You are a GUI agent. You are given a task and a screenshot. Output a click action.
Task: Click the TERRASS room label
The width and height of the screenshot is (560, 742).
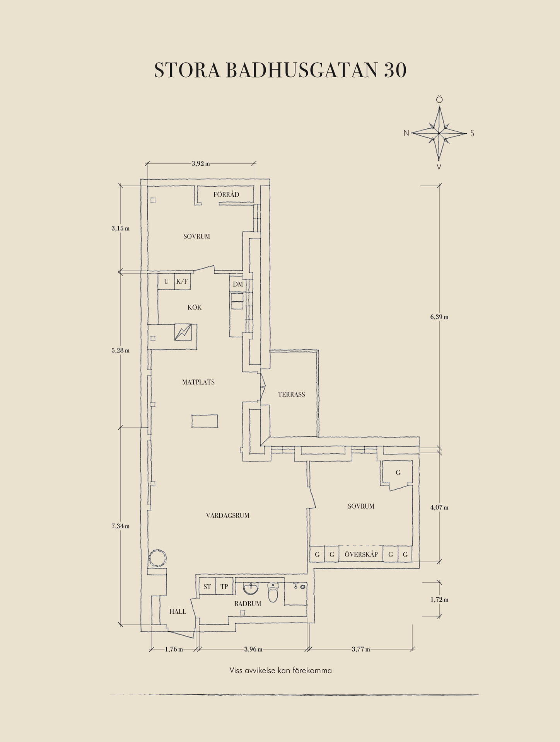291,395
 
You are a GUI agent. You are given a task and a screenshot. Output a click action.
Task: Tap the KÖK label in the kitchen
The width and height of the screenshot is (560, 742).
195,308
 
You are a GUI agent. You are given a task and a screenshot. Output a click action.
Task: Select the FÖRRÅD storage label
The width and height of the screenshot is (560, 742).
226,194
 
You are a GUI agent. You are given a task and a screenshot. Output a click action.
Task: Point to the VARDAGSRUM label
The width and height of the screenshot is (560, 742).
227,515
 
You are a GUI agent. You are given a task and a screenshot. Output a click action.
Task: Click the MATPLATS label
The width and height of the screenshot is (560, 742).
198,382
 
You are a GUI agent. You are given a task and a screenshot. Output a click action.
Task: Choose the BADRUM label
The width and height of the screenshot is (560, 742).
248,604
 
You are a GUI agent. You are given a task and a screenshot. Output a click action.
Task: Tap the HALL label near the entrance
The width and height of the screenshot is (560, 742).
178,611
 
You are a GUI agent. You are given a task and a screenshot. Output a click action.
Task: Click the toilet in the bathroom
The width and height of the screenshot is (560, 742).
273,594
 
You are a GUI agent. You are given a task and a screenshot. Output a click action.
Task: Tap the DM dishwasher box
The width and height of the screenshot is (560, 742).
238,284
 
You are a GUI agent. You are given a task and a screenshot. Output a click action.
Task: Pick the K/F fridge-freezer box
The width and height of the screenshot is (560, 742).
182,281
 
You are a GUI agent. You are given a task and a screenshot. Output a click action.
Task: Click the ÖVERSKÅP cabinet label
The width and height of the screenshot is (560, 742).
361,554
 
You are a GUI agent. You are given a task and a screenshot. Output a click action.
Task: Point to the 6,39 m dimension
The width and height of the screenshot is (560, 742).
439,317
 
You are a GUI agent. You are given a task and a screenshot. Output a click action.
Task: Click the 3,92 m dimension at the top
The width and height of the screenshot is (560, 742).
201,163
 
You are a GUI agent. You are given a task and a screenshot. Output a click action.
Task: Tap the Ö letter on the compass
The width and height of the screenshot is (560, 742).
439,100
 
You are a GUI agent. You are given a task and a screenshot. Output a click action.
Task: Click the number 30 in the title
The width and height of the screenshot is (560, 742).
395,70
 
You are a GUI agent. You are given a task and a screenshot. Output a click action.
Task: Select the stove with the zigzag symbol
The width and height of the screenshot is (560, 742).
183,332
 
